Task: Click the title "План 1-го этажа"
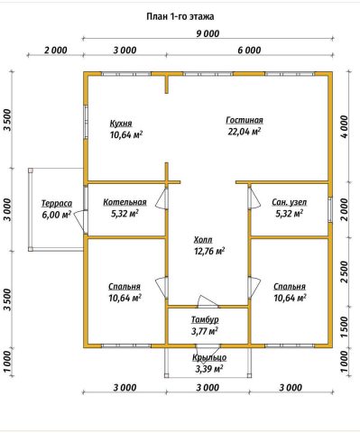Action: [180, 16]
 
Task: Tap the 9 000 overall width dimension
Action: [208, 33]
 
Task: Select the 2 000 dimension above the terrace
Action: [56, 50]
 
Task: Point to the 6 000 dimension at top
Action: [249, 50]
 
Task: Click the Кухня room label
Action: [121, 124]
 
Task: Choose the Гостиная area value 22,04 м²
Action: [244, 132]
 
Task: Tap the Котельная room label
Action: [125, 202]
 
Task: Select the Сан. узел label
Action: [290, 202]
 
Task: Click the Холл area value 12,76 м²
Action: [210, 251]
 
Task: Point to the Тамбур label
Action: [205, 319]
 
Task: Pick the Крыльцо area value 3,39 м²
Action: [209, 369]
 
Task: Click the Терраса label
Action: [57, 203]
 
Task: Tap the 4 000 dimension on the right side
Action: [345, 126]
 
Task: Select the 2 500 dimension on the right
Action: [345, 272]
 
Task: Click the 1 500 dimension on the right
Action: [345, 327]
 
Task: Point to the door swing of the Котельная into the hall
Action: [162, 198]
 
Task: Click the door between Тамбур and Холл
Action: [208, 302]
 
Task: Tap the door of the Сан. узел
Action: [254, 198]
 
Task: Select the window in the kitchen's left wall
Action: [86, 122]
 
